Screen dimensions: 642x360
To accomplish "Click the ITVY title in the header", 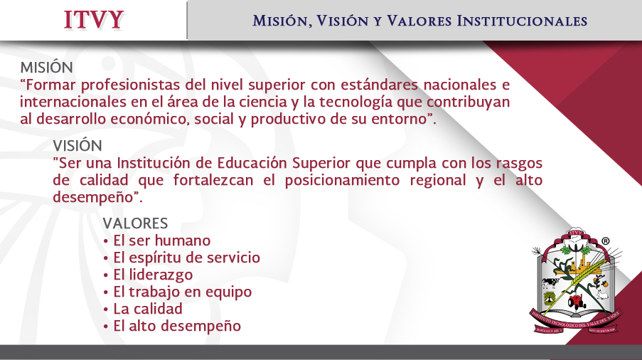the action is click(x=94, y=20).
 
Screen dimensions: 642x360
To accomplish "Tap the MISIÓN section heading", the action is click(x=47, y=67).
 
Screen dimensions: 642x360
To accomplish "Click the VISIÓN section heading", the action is click(x=77, y=145).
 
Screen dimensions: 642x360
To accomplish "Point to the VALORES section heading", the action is click(x=135, y=223).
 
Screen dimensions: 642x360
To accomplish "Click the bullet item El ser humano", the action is click(x=157, y=240).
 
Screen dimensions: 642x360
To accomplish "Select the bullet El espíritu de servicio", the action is click(x=181, y=258).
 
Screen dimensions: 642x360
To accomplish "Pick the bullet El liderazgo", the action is click(x=148, y=275).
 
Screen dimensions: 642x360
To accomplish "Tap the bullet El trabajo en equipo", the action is click(x=177, y=292).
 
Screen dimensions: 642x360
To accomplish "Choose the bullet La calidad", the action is click(x=142, y=309).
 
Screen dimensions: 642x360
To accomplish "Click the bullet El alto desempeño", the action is click(x=172, y=326).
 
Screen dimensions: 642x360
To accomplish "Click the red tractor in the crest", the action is click(x=577, y=302).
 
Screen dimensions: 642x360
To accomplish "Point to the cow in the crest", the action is click(x=550, y=282).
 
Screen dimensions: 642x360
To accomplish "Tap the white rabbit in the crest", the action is click(x=601, y=294).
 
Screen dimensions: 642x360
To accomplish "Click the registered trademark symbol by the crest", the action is click(x=605, y=241).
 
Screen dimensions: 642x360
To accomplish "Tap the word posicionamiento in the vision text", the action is click(x=342, y=180).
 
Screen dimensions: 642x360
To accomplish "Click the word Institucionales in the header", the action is click(x=522, y=21).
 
